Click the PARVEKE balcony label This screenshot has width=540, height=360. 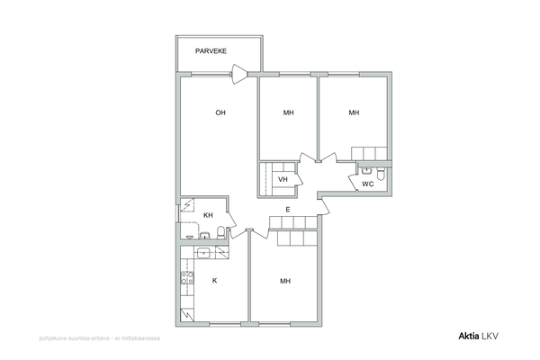pyautogui.click(x=211, y=51)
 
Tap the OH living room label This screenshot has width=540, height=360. pyautogui.click(x=220, y=112)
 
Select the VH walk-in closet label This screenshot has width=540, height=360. pyautogui.click(x=283, y=179)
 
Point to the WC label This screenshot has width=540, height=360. pyautogui.click(x=368, y=184)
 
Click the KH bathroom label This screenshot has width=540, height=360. pyautogui.click(x=208, y=215)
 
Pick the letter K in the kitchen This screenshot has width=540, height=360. pyautogui.click(x=214, y=281)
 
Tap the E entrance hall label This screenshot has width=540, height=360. pyautogui.click(x=288, y=210)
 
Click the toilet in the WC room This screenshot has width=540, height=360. pyautogui.click(x=381, y=174)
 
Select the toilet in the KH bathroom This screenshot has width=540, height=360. pyautogui.click(x=221, y=232)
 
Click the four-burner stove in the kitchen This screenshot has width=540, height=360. pyautogui.click(x=187, y=278)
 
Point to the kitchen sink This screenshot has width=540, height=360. pyautogui.click(x=204, y=253)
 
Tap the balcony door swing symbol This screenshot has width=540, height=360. pyautogui.click(x=240, y=74)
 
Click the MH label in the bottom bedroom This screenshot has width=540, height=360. pyautogui.click(x=285, y=281)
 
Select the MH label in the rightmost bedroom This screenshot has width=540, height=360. pyautogui.click(x=354, y=112)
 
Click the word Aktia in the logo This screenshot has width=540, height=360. pyautogui.click(x=469, y=337)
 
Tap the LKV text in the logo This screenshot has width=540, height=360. pyautogui.click(x=490, y=337)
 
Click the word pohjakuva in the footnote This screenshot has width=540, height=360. pyautogui.click(x=49, y=338)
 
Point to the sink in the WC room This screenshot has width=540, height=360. pyautogui.click(x=366, y=170)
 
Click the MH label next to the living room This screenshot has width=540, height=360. pyautogui.click(x=289, y=112)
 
